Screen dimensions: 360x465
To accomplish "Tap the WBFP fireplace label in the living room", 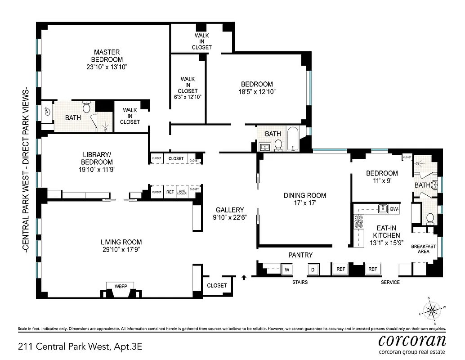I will pos(120,286).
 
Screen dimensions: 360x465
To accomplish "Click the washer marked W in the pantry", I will pos(286,270).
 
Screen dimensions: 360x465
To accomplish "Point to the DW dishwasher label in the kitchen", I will pos(394,209).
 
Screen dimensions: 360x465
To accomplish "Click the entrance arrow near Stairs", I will pos(244,277).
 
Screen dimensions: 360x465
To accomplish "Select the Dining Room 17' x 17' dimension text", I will pos(304,203).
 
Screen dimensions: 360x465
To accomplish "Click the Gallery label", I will pos(229,210).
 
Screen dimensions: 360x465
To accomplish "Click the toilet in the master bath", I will pos(87,108).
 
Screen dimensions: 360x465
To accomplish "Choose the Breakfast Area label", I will pos(423,248).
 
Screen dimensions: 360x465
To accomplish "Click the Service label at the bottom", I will pos(390,282).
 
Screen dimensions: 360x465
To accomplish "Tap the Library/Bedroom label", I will pos(97,158).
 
